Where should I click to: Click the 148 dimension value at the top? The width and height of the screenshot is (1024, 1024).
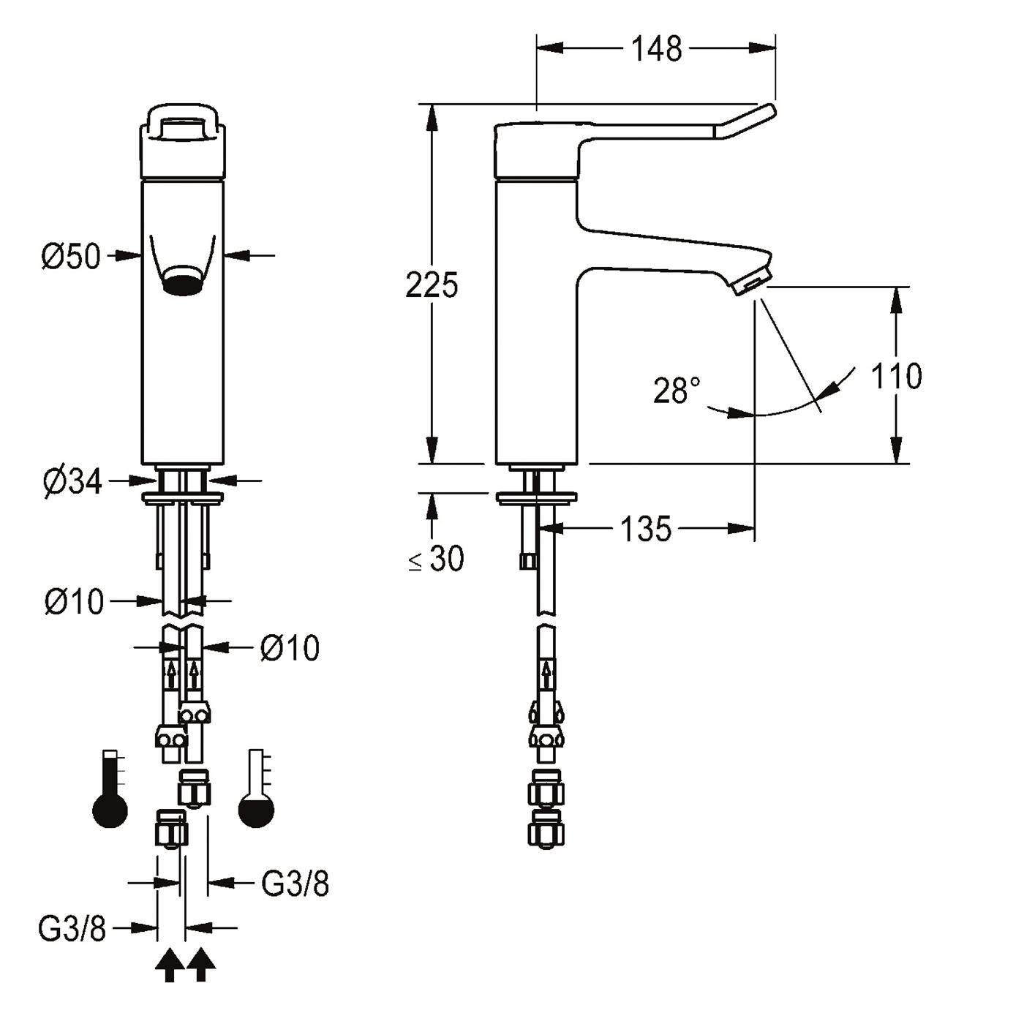click(656, 49)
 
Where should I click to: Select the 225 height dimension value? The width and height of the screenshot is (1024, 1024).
click(432, 285)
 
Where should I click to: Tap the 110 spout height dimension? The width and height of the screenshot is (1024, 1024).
click(897, 376)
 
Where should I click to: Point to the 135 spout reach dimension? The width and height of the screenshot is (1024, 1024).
click(646, 529)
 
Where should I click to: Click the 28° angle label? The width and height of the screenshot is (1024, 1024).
click(677, 390)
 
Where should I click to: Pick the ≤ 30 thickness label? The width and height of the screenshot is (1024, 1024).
click(436, 559)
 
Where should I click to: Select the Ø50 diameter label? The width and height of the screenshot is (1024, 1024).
click(71, 256)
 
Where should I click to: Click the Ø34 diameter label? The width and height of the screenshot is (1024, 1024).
click(72, 483)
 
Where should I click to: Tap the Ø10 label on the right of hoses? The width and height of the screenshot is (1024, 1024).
click(290, 648)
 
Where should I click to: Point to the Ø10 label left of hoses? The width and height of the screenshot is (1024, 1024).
click(74, 602)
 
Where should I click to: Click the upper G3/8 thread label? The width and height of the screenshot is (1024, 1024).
click(295, 884)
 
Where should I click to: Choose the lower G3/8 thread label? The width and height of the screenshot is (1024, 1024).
click(72, 929)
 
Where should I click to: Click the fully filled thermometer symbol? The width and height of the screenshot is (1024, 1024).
click(110, 789)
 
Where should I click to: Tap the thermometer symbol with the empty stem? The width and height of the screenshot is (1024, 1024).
click(257, 789)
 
